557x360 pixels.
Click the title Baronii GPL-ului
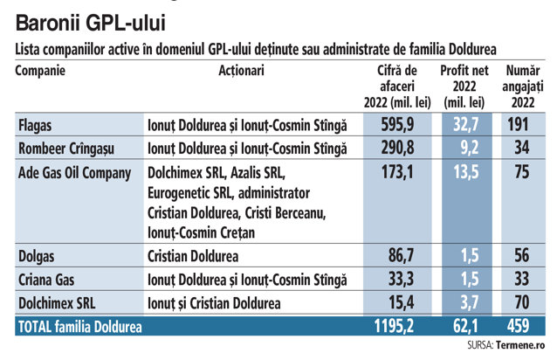pos(91,24)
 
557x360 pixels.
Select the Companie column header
pos(40,71)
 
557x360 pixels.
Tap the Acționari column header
pos(241,71)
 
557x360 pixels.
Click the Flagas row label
pos(35,126)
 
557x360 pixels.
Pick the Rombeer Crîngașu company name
pos(66,149)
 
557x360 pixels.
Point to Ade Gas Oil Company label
pos(74,173)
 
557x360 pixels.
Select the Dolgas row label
pos(37,256)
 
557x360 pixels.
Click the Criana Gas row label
pos(46,280)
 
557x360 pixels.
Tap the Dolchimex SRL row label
pos(57,303)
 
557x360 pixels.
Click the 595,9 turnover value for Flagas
pos(397,125)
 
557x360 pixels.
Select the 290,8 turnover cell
pos(397,148)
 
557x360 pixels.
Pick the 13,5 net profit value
pos(466,172)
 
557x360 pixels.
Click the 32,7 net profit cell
pos(466,125)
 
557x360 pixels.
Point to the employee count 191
pos(518,124)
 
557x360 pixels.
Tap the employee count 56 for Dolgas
pos(522,255)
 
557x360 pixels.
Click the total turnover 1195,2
pos(394,326)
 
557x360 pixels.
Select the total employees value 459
pos(519,326)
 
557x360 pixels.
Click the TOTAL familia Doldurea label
pos(80,327)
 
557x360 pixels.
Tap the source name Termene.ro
pos(520,345)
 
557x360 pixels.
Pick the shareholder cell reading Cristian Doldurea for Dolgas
pos(193,256)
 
